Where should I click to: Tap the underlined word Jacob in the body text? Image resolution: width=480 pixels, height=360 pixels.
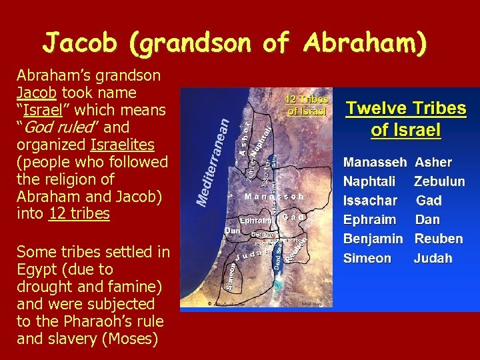tap(36, 93)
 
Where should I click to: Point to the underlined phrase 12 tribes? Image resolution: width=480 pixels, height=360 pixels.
tap(79, 214)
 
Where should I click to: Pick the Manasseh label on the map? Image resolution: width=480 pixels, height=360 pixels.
tap(274, 197)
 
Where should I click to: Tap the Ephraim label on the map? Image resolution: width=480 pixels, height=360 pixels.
tap(255, 219)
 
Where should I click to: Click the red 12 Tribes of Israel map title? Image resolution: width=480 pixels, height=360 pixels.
tap(307, 105)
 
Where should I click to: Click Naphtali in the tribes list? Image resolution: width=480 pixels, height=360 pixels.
tap(369, 181)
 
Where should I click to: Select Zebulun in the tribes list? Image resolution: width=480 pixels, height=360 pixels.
tap(439, 181)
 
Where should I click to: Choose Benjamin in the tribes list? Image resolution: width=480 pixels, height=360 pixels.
tap(373, 239)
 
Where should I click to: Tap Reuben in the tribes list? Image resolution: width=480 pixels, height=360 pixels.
tap(438, 239)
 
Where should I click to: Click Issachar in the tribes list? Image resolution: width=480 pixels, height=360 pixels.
tap(369, 201)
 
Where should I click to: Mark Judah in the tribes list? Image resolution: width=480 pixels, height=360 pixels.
tap(433, 258)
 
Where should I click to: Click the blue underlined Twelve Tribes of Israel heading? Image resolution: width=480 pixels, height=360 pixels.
tap(405, 119)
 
